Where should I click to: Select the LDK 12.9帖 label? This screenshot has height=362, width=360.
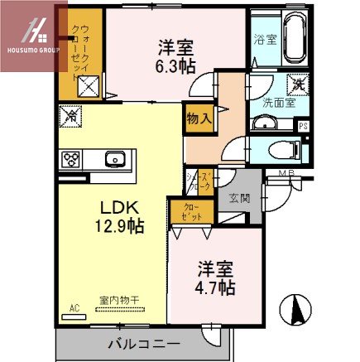pyautogui.click(x=123, y=215)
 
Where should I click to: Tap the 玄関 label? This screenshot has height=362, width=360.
pyautogui.click(x=239, y=199)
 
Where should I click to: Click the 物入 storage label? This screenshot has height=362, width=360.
pyautogui.click(x=199, y=118)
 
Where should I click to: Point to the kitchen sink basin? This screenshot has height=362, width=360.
pyautogui.click(x=114, y=159)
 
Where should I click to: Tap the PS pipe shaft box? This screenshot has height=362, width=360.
pyautogui.click(x=304, y=126)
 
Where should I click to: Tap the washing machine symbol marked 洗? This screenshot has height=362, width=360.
pyautogui.click(x=296, y=84)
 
